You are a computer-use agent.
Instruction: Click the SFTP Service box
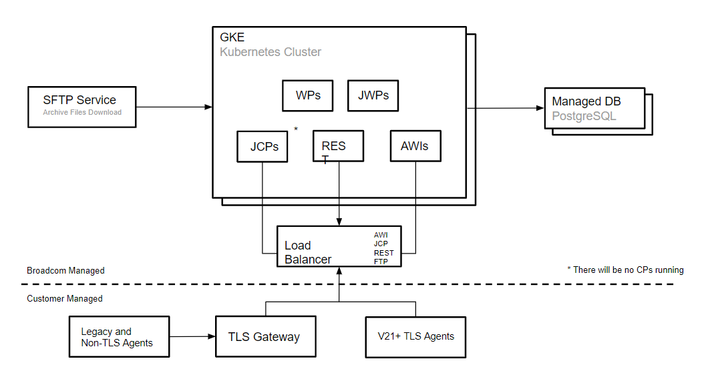[x=81, y=106]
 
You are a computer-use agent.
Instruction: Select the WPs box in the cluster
[x=308, y=95]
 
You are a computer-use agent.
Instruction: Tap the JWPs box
[x=373, y=95]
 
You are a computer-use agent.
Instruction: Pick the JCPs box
[x=262, y=146]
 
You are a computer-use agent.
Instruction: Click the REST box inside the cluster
[x=338, y=146]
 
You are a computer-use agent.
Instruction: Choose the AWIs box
[x=415, y=146]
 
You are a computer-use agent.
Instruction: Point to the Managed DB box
[x=594, y=108]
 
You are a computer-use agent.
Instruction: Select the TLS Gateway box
[x=265, y=336]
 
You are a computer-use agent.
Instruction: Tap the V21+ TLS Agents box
[x=415, y=336]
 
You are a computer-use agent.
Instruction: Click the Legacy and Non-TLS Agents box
[x=119, y=337]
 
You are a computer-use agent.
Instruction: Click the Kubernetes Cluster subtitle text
[x=271, y=52]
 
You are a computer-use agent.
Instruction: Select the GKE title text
[x=232, y=37]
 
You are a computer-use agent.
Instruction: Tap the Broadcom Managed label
[x=65, y=271]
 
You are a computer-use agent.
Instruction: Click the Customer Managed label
[x=65, y=299]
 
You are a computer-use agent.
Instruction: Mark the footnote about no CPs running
[x=625, y=270]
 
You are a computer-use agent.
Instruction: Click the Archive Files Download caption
[x=82, y=113]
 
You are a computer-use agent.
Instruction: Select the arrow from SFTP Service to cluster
[x=174, y=107]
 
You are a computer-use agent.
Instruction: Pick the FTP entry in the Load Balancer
[x=380, y=262]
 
